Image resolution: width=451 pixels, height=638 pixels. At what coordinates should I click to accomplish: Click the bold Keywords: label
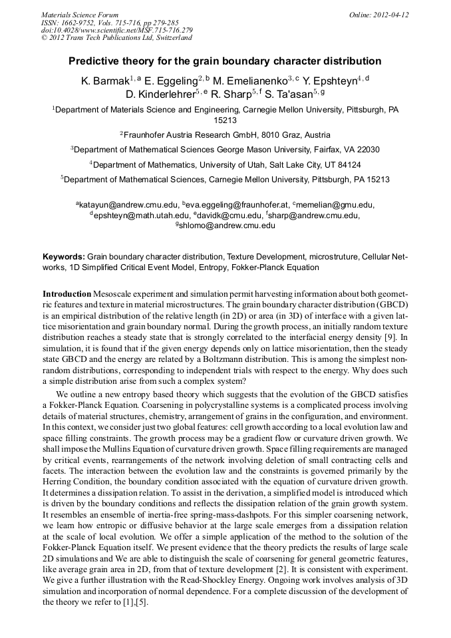pyautogui.click(x=64, y=256)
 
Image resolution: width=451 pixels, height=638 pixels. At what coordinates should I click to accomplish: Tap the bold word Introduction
pyautogui.click(x=67, y=293)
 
